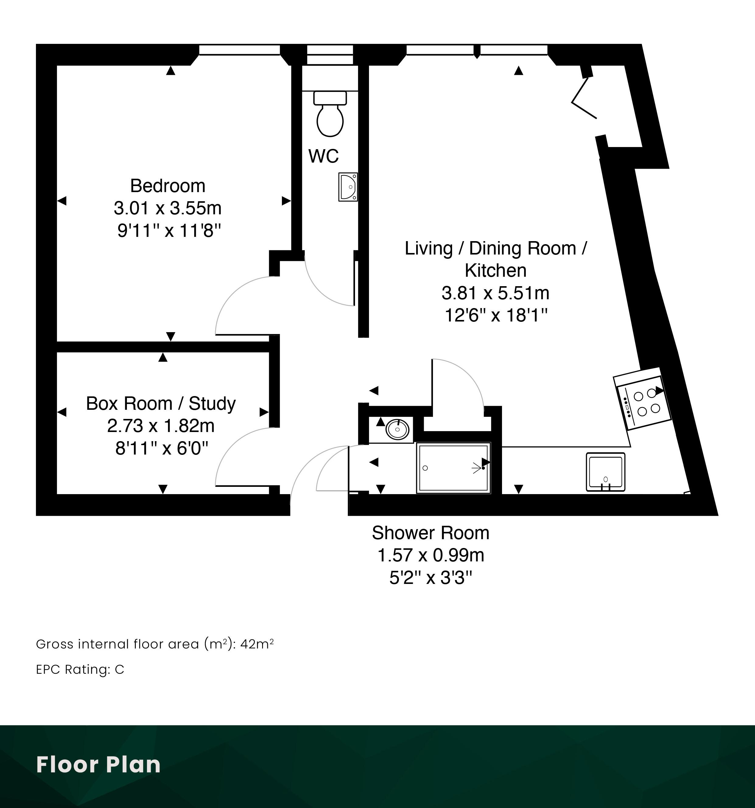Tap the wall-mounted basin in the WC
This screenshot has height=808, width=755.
click(x=348, y=187)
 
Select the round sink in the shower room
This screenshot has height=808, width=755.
click(x=397, y=429)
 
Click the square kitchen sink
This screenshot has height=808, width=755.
click(x=606, y=472)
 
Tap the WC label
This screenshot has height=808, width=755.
click(x=323, y=156)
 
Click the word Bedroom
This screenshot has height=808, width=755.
click(x=168, y=186)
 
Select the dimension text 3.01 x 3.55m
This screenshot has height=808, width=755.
click(x=167, y=208)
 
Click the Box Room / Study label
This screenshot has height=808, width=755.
click(x=161, y=404)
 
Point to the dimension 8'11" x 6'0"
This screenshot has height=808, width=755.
click(x=162, y=448)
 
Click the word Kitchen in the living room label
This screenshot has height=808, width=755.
click(x=495, y=270)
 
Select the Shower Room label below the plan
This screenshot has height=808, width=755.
click(x=431, y=533)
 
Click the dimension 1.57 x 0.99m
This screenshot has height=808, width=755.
click(x=431, y=555)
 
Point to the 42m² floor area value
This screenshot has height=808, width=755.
click(x=257, y=644)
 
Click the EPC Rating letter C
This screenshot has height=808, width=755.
click(x=119, y=669)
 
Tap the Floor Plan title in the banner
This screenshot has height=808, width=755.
click(x=98, y=764)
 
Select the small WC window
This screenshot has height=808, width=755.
click(x=330, y=54)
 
